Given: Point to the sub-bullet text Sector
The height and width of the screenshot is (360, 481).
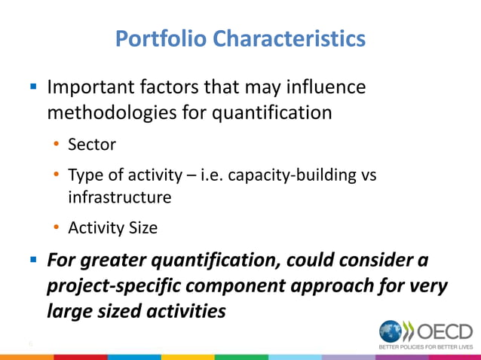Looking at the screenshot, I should pos(90,143).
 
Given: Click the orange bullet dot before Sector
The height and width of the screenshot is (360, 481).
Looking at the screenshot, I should pos(57,143).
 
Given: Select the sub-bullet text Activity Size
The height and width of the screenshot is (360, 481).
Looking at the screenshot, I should pos(112,228).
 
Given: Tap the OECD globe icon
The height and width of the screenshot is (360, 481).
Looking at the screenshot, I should pos(392,331).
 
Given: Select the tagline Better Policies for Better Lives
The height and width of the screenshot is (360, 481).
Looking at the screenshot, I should pos(425,347).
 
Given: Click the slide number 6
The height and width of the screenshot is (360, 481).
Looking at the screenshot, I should pos(30,344).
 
